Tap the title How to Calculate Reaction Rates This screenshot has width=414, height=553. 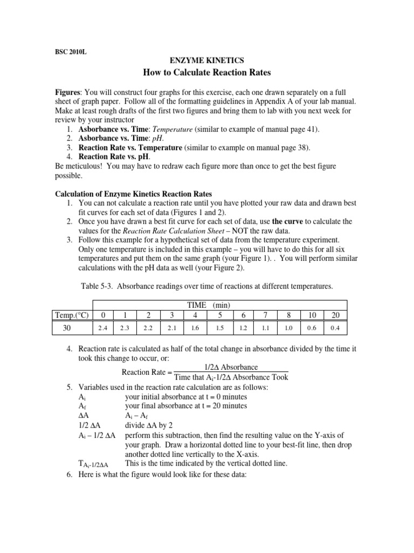click(207, 73)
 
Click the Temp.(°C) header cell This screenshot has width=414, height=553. click(72, 315)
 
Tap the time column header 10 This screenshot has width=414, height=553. click(314, 315)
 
